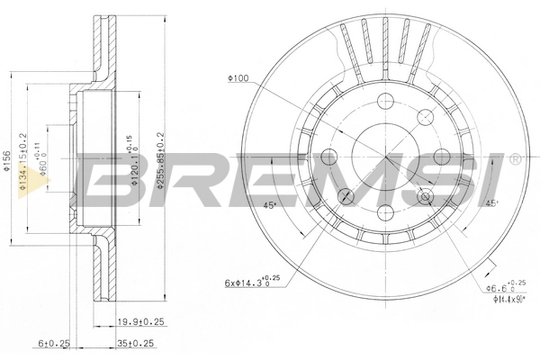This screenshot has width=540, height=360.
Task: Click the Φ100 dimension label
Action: [238, 79]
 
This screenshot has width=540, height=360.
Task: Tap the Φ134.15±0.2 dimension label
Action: [28, 158]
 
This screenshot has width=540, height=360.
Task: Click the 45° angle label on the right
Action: [490, 203]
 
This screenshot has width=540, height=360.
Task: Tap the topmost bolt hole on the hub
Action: [386, 102]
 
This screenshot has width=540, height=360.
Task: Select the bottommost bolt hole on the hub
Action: [386, 212]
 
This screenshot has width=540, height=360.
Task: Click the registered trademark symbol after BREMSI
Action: [514, 159]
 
